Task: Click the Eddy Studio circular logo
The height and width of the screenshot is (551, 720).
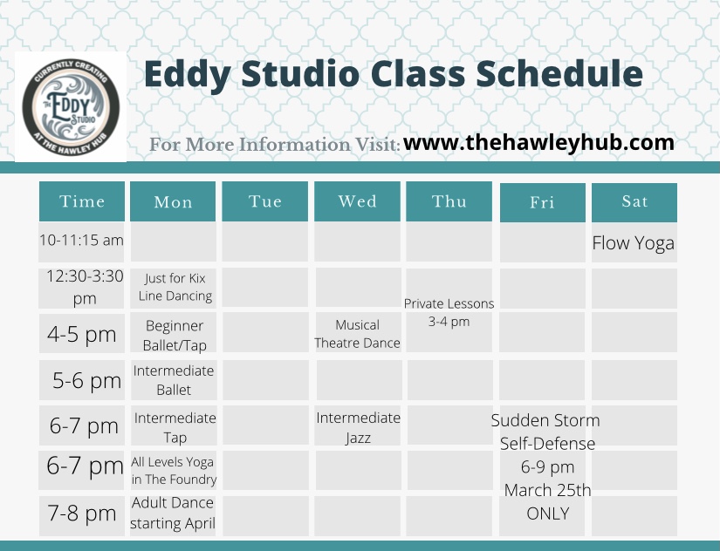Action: coord(71,107)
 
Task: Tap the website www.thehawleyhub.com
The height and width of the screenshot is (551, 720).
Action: coord(538,143)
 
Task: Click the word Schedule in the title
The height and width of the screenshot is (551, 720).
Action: coord(559,73)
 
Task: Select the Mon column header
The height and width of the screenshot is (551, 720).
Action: coord(173,201)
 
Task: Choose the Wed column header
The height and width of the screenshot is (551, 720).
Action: coord(357,201)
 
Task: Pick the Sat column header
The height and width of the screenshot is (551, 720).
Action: coord(634,202)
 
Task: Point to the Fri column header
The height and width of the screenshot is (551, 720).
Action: coord(542,202)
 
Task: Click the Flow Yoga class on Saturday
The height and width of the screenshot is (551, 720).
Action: coord(634,243)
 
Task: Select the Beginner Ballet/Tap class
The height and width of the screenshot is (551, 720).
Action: coord(175,336)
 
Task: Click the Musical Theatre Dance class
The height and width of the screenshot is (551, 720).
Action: coord(357,334)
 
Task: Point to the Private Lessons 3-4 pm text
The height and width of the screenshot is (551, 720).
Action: coord(449,312)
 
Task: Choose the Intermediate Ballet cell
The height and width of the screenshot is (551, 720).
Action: coord(174,380)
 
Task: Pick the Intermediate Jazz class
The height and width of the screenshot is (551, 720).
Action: coord(358,427)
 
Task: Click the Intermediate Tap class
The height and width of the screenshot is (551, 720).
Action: coord(175,427)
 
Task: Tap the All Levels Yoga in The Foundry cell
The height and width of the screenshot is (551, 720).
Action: coord(174,470)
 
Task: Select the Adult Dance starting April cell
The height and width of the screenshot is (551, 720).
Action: coord(173,513)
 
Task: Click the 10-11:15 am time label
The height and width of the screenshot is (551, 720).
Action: coord(81,240)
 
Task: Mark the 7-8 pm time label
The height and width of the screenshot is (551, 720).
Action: coord(82,513)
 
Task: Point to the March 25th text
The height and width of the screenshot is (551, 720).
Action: coord(547,490)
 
